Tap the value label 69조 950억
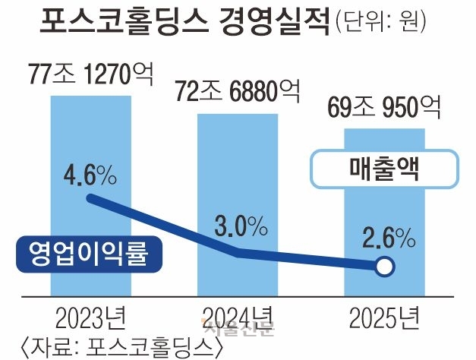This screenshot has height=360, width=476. coord(384,109)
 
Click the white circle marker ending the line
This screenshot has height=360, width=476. coord(384,267)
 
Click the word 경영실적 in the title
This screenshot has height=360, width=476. coord(276,21)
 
